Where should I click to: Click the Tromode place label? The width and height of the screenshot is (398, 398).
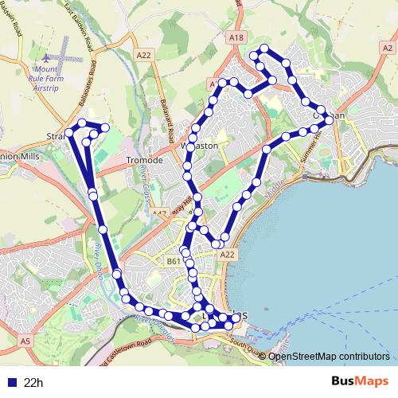(145, 161)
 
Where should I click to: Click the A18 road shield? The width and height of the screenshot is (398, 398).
(235, 37)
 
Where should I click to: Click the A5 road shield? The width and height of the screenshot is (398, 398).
(26, 341)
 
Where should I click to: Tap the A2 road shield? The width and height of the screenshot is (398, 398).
(388, 48)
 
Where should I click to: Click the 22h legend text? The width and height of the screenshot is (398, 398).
(33, 383)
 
